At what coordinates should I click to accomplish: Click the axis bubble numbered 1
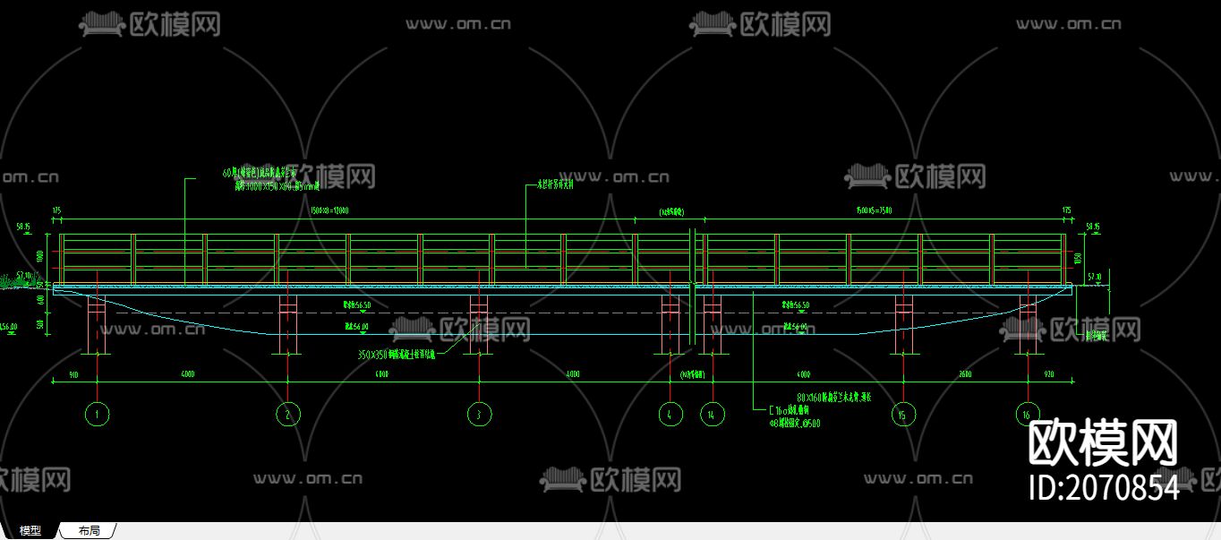[97, 414]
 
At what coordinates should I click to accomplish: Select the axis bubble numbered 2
[287, 414]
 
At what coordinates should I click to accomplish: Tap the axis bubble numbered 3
[480, 414]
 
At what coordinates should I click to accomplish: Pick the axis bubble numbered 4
[670, 414]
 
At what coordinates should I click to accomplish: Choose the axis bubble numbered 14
[713, 414]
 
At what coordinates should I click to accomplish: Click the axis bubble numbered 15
[904, 414]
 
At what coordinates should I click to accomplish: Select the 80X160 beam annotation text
[833, 395]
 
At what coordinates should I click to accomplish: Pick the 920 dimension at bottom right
[1049, 373]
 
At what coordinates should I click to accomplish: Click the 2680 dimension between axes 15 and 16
[965, 373]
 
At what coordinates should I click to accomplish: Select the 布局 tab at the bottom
[90, 531]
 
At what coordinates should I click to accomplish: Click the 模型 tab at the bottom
[30, 531]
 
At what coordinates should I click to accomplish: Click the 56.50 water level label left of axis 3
[357, 305]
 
